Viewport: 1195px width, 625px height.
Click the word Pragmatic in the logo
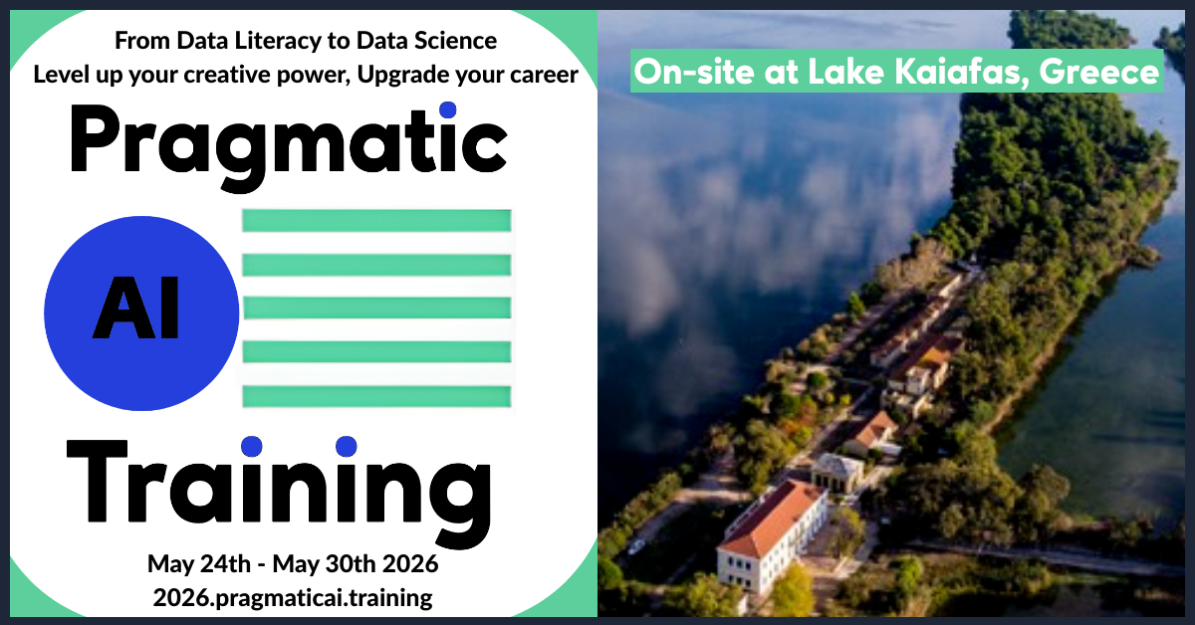[x=288, y=145]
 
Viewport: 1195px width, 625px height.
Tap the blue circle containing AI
[x=141, y=313]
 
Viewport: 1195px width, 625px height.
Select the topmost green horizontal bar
[x=376, y=221]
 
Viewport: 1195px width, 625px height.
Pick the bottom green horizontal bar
[x=376, y=397]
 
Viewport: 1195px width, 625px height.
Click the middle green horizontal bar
[x=376, y=308]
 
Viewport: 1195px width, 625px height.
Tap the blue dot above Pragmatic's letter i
[x=447, y=109]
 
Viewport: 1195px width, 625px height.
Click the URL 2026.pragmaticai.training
[x=293, y=598]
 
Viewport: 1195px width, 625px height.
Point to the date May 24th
[x=199, y=563]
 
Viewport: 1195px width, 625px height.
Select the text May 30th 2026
[x=356, y=563]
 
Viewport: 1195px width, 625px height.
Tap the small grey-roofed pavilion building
[x=837, y=473]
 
